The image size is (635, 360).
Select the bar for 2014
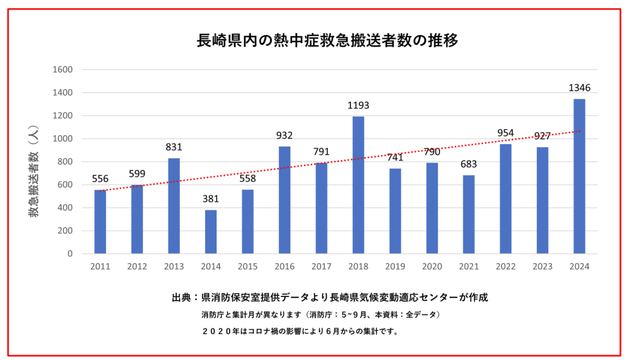coord(211,232)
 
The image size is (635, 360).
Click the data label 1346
coord(579,88)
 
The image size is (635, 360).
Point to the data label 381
coord(211,199)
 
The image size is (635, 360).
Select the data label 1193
coord(358,106)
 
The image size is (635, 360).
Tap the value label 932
coord(284,136)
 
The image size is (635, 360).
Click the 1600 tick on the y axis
coord(62,70)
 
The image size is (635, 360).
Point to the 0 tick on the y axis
coord(69,254)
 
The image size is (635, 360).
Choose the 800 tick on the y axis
coord(65,162)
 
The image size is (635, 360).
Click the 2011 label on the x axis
coord(100,266)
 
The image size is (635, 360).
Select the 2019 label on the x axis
coord(395,266)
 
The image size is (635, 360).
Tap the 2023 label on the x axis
coord(542,266)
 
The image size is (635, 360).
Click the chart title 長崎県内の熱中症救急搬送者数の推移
coord(328,41)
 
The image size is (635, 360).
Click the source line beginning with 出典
coord(330,297)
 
